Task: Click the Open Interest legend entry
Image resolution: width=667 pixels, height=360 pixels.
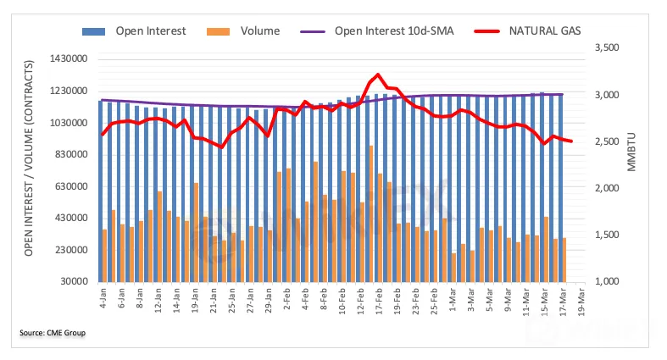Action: [x=144, y=31]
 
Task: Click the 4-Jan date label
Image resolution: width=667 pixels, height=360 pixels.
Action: [x=102, y=299]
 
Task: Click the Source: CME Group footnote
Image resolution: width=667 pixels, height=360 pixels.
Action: [x=53, y=332]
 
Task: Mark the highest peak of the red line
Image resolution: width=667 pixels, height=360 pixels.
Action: [x=378, y=75]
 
